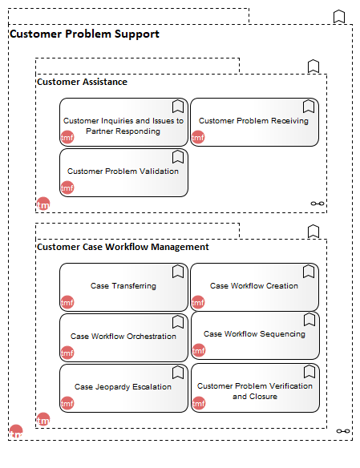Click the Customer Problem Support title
pos(84,34)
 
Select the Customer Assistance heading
pos(82,82)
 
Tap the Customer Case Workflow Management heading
pos(123,247)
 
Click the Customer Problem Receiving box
pos(254,122)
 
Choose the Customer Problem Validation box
pos(123,172)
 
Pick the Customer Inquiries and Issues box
pos(123,122)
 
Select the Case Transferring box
pos(123,287)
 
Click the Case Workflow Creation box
pos(254,287)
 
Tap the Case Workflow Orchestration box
pos(123,337)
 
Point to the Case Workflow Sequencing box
pos(255,336)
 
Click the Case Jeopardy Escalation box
pos(123,388)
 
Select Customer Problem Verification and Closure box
pos(255,388)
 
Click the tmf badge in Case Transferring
pos(67,302)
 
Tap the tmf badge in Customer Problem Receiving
pos(198,137)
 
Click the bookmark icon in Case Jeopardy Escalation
pos(178,372)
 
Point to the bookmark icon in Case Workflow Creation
pos(309,272)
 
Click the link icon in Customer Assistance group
pos(318,204)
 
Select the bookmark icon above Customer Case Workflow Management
pos(313,232)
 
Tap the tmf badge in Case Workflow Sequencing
pos(199,350)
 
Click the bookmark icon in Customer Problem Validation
pos(178,157)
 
